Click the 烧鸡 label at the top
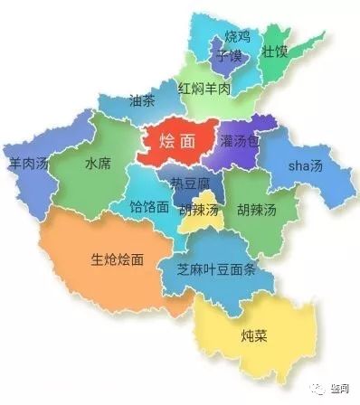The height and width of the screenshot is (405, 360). (x=237, y=37)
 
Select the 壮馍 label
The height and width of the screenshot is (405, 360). (x=274, y=51)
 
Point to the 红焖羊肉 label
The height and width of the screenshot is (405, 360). (x=204, y=89)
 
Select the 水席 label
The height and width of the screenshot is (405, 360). (x=98, y=165)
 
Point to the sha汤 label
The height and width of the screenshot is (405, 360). (x=305, y=167)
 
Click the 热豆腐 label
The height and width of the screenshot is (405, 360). (x=191, y=184)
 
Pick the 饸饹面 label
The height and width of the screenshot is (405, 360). (x=149, y=206)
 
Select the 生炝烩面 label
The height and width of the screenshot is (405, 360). (x=117, y=259)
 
